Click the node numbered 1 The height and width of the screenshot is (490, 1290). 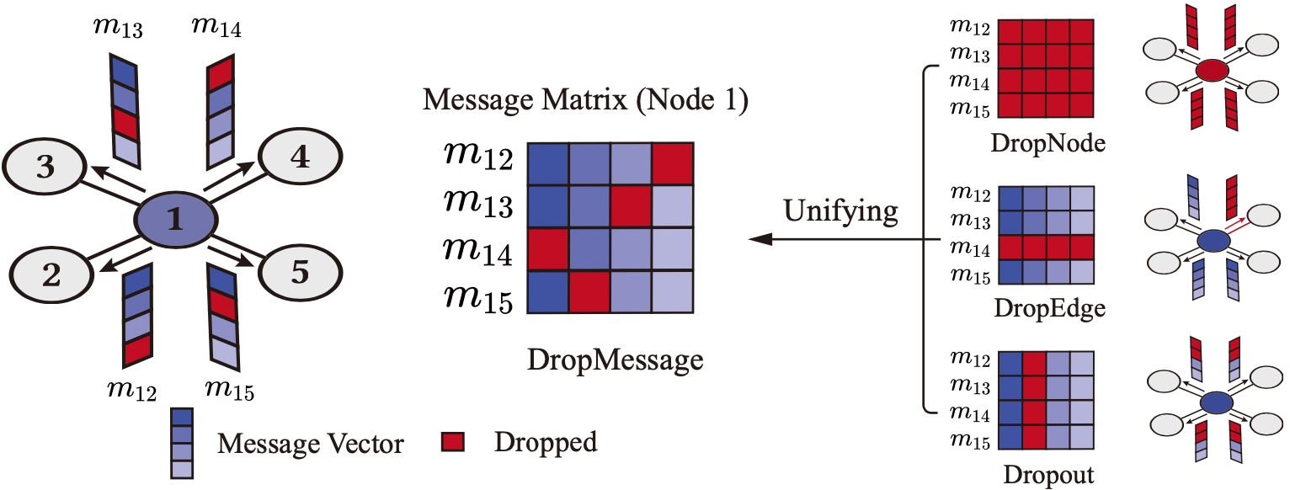[175, 221]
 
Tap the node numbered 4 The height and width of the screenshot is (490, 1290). [298, 157]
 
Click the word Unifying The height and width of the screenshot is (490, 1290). [840, 210]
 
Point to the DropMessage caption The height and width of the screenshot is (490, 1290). [614, 360]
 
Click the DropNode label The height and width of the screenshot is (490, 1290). [1047, 145]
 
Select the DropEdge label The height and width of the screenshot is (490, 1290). [1047, 309]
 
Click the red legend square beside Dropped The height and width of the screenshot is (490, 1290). [454, 440]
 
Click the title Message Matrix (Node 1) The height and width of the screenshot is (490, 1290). [584, 102]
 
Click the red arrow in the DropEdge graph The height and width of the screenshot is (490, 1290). [1235, 222]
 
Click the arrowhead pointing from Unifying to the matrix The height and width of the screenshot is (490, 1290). [760, 241]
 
